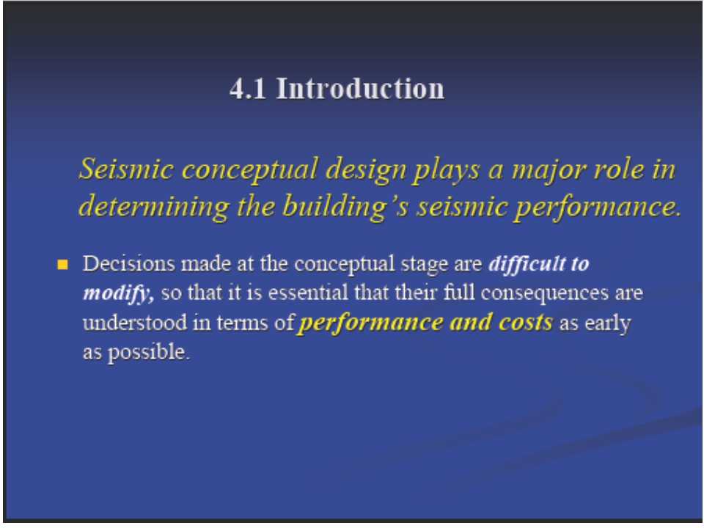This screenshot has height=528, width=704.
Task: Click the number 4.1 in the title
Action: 248,89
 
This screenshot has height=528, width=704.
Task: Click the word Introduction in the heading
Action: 360,88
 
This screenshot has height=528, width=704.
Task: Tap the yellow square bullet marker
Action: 63,265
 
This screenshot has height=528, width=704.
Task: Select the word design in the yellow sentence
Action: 366,171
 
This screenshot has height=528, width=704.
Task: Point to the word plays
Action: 447,171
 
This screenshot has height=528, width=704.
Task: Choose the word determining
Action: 154,208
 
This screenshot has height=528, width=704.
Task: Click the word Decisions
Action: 129,263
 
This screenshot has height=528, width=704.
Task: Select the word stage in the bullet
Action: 425,265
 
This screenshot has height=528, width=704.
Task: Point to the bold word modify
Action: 119,293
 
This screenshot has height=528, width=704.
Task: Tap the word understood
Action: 135,323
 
